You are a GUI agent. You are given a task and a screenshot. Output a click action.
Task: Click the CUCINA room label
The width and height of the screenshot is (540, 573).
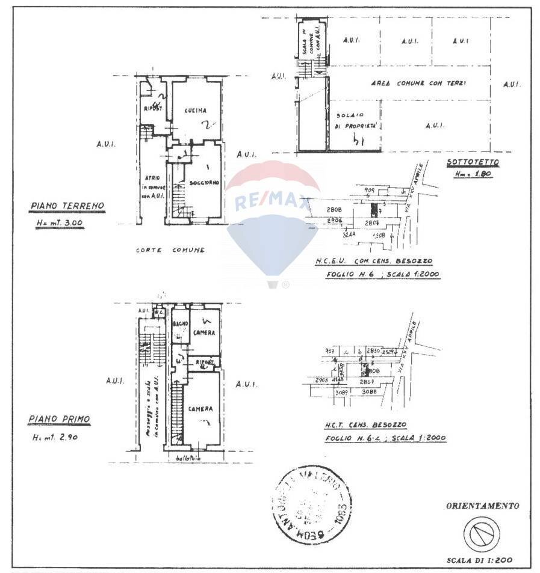[x=196, y=111]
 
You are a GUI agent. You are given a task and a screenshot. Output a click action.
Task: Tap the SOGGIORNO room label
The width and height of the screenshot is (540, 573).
[x=203, y=182]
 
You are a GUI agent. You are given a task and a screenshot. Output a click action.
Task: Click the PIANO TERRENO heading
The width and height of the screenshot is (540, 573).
[x=67, y=206]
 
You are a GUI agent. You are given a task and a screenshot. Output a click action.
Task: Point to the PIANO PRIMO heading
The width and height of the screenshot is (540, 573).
[x=59, y=418]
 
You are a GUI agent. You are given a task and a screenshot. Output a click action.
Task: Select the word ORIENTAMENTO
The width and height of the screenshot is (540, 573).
[x=482, y=506]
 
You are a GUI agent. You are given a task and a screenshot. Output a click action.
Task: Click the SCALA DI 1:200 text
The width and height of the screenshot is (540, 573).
[x=480, y=560]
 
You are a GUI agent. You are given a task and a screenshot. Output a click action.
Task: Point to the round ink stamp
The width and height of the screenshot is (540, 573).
[x=314, y=498]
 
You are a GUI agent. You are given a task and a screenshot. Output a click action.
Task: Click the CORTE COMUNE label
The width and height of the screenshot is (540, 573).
[x=170, y=250]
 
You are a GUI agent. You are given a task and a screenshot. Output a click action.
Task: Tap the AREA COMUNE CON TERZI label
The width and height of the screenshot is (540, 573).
[x=418, y=83]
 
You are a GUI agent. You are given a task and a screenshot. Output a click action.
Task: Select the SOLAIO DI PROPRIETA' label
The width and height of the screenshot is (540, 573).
[x=355, y=120]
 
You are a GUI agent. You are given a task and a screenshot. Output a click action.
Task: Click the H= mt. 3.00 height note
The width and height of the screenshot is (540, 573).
[x=60, y=223]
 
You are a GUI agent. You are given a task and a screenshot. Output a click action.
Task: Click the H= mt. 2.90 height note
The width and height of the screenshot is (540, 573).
[x=55, y=438]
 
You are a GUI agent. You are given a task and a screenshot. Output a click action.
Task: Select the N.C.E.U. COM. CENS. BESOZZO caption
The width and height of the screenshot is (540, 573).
[x=373, y=262]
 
